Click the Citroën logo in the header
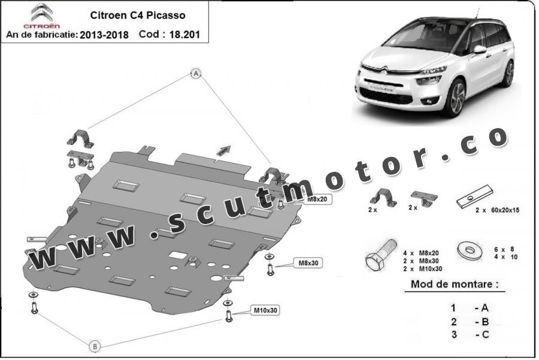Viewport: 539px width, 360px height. [x=41, y=16]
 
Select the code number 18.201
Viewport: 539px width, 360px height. [x=182, y=35]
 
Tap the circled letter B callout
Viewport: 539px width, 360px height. [x=94, y=346]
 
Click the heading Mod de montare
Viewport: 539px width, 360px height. [x=455, y=284]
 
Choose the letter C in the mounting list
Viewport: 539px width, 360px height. [x=485, y=334]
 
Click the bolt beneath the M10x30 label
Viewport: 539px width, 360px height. [x=229, y=316]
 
